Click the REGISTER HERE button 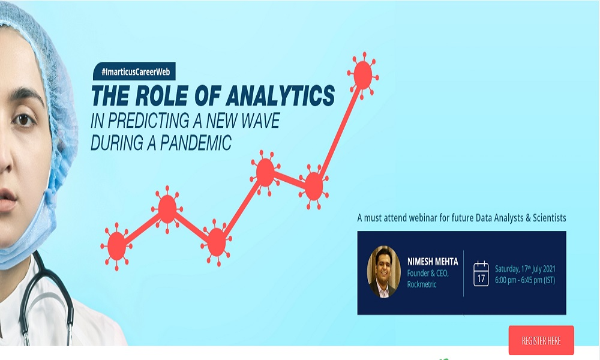[541, 340]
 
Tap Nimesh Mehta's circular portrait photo [383, 272]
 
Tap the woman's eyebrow [24, 96]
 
